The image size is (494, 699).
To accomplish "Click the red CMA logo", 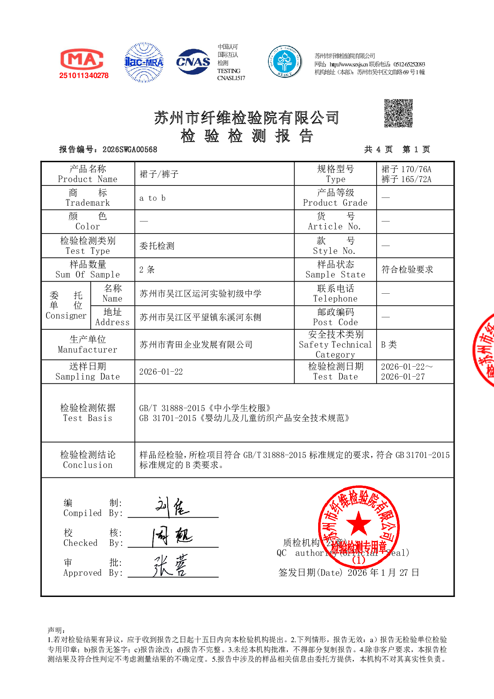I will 82,59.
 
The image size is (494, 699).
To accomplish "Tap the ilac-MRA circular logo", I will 144,62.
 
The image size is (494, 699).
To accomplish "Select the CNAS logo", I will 193,62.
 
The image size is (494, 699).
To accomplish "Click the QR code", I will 398,113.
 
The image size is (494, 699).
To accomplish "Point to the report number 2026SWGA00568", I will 130,150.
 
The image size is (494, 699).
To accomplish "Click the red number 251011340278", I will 84,76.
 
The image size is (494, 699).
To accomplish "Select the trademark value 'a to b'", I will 152,198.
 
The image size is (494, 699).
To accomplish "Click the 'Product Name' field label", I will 88,179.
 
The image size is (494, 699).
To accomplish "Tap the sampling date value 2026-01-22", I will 161,372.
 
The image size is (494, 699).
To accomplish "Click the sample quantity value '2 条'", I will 147,270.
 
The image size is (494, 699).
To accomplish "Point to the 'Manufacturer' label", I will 88,350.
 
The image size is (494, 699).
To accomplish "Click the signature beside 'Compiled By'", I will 172,507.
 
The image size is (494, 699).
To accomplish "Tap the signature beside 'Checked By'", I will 172,537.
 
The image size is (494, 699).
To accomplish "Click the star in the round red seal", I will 358,523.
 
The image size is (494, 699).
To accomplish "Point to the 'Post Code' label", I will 335,322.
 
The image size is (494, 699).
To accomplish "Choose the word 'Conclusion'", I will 88,465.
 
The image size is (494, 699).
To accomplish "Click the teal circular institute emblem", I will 285,62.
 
